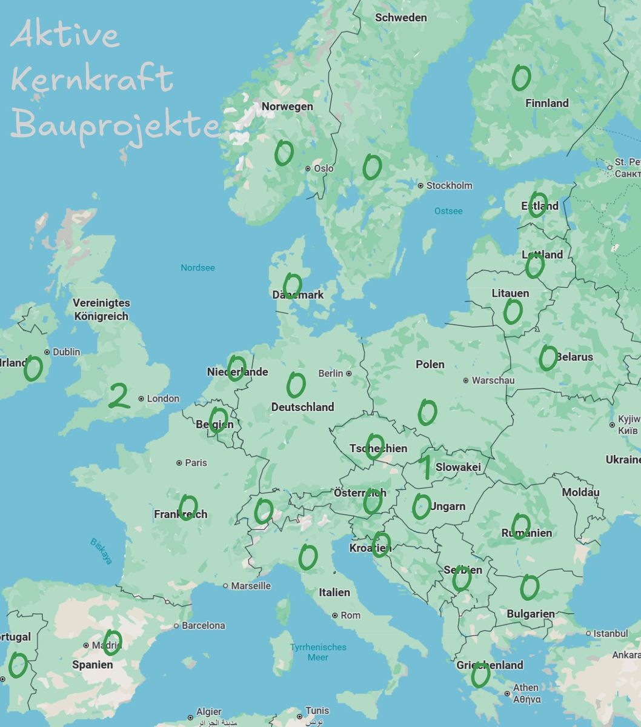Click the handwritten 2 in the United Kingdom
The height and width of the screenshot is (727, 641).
[119, 396]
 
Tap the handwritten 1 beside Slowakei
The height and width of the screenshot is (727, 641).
[425, 466]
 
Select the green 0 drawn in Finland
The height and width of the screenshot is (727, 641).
[520, 78]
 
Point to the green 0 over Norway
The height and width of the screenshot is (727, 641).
[284, 152]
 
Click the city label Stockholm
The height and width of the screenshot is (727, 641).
[449, 185]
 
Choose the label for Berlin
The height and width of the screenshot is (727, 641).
[331, 373]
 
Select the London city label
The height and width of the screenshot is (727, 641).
[162, 399]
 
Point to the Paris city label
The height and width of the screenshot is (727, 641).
[196, 463]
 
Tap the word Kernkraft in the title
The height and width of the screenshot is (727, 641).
[92, 79]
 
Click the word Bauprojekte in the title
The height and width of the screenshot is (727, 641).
[115, 125]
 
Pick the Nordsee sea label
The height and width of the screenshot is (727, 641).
[198, 267]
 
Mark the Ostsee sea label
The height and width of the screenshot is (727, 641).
[448, 211]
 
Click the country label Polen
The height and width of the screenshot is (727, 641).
[430, 364]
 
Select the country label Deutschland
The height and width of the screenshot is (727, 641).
[302, 407]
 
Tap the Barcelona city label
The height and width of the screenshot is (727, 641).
[203, 625]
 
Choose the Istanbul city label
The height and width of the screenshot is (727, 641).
[610, 633]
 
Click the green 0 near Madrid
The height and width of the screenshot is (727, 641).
[112, 642]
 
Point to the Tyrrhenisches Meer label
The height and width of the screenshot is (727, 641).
[318, 652]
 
